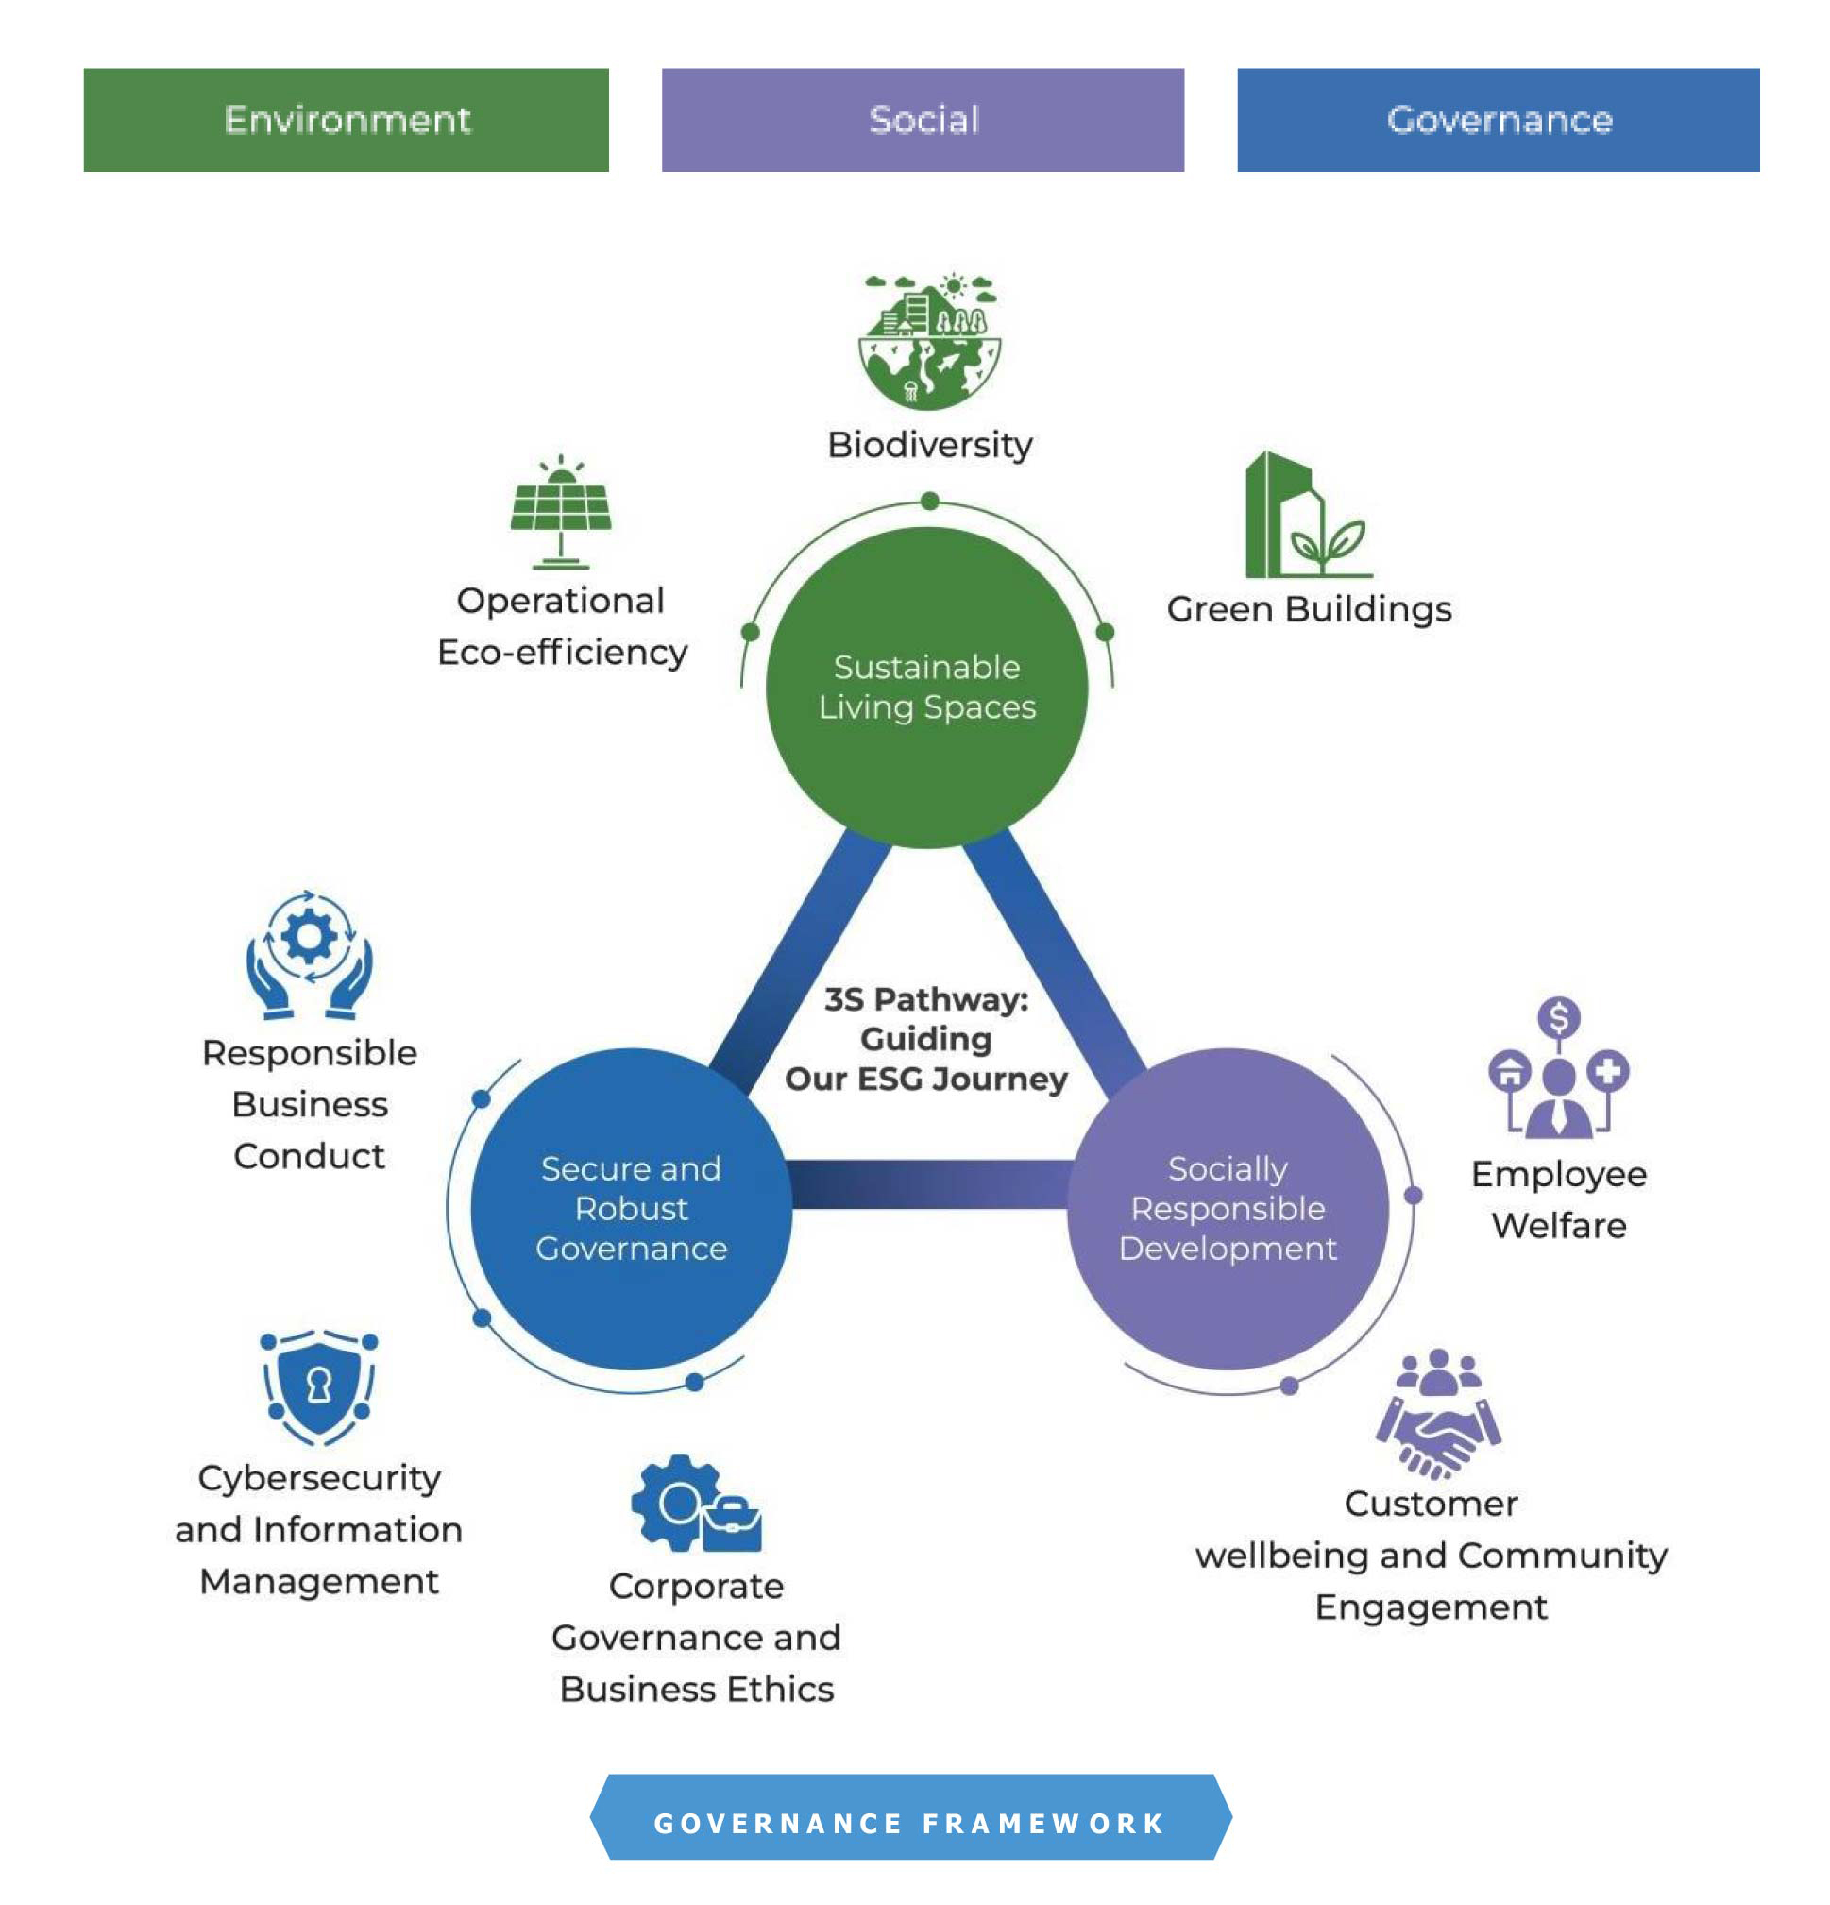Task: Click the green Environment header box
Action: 345,120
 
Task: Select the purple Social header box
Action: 922,120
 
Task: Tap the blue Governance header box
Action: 1497,120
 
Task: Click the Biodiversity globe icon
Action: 928,342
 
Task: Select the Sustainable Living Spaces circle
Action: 925,688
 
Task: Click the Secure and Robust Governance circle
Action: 630,1208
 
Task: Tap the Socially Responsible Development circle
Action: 1227,1208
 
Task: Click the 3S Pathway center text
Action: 925,1039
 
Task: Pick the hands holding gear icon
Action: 308,955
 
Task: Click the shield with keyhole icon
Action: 319,1386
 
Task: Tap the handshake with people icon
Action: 1437,1414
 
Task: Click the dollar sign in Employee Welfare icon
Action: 1558,1017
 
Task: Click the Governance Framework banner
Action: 909,1823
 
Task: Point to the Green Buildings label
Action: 1308,609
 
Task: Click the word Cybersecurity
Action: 319,1478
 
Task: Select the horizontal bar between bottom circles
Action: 929,1184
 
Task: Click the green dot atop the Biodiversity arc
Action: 929,502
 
